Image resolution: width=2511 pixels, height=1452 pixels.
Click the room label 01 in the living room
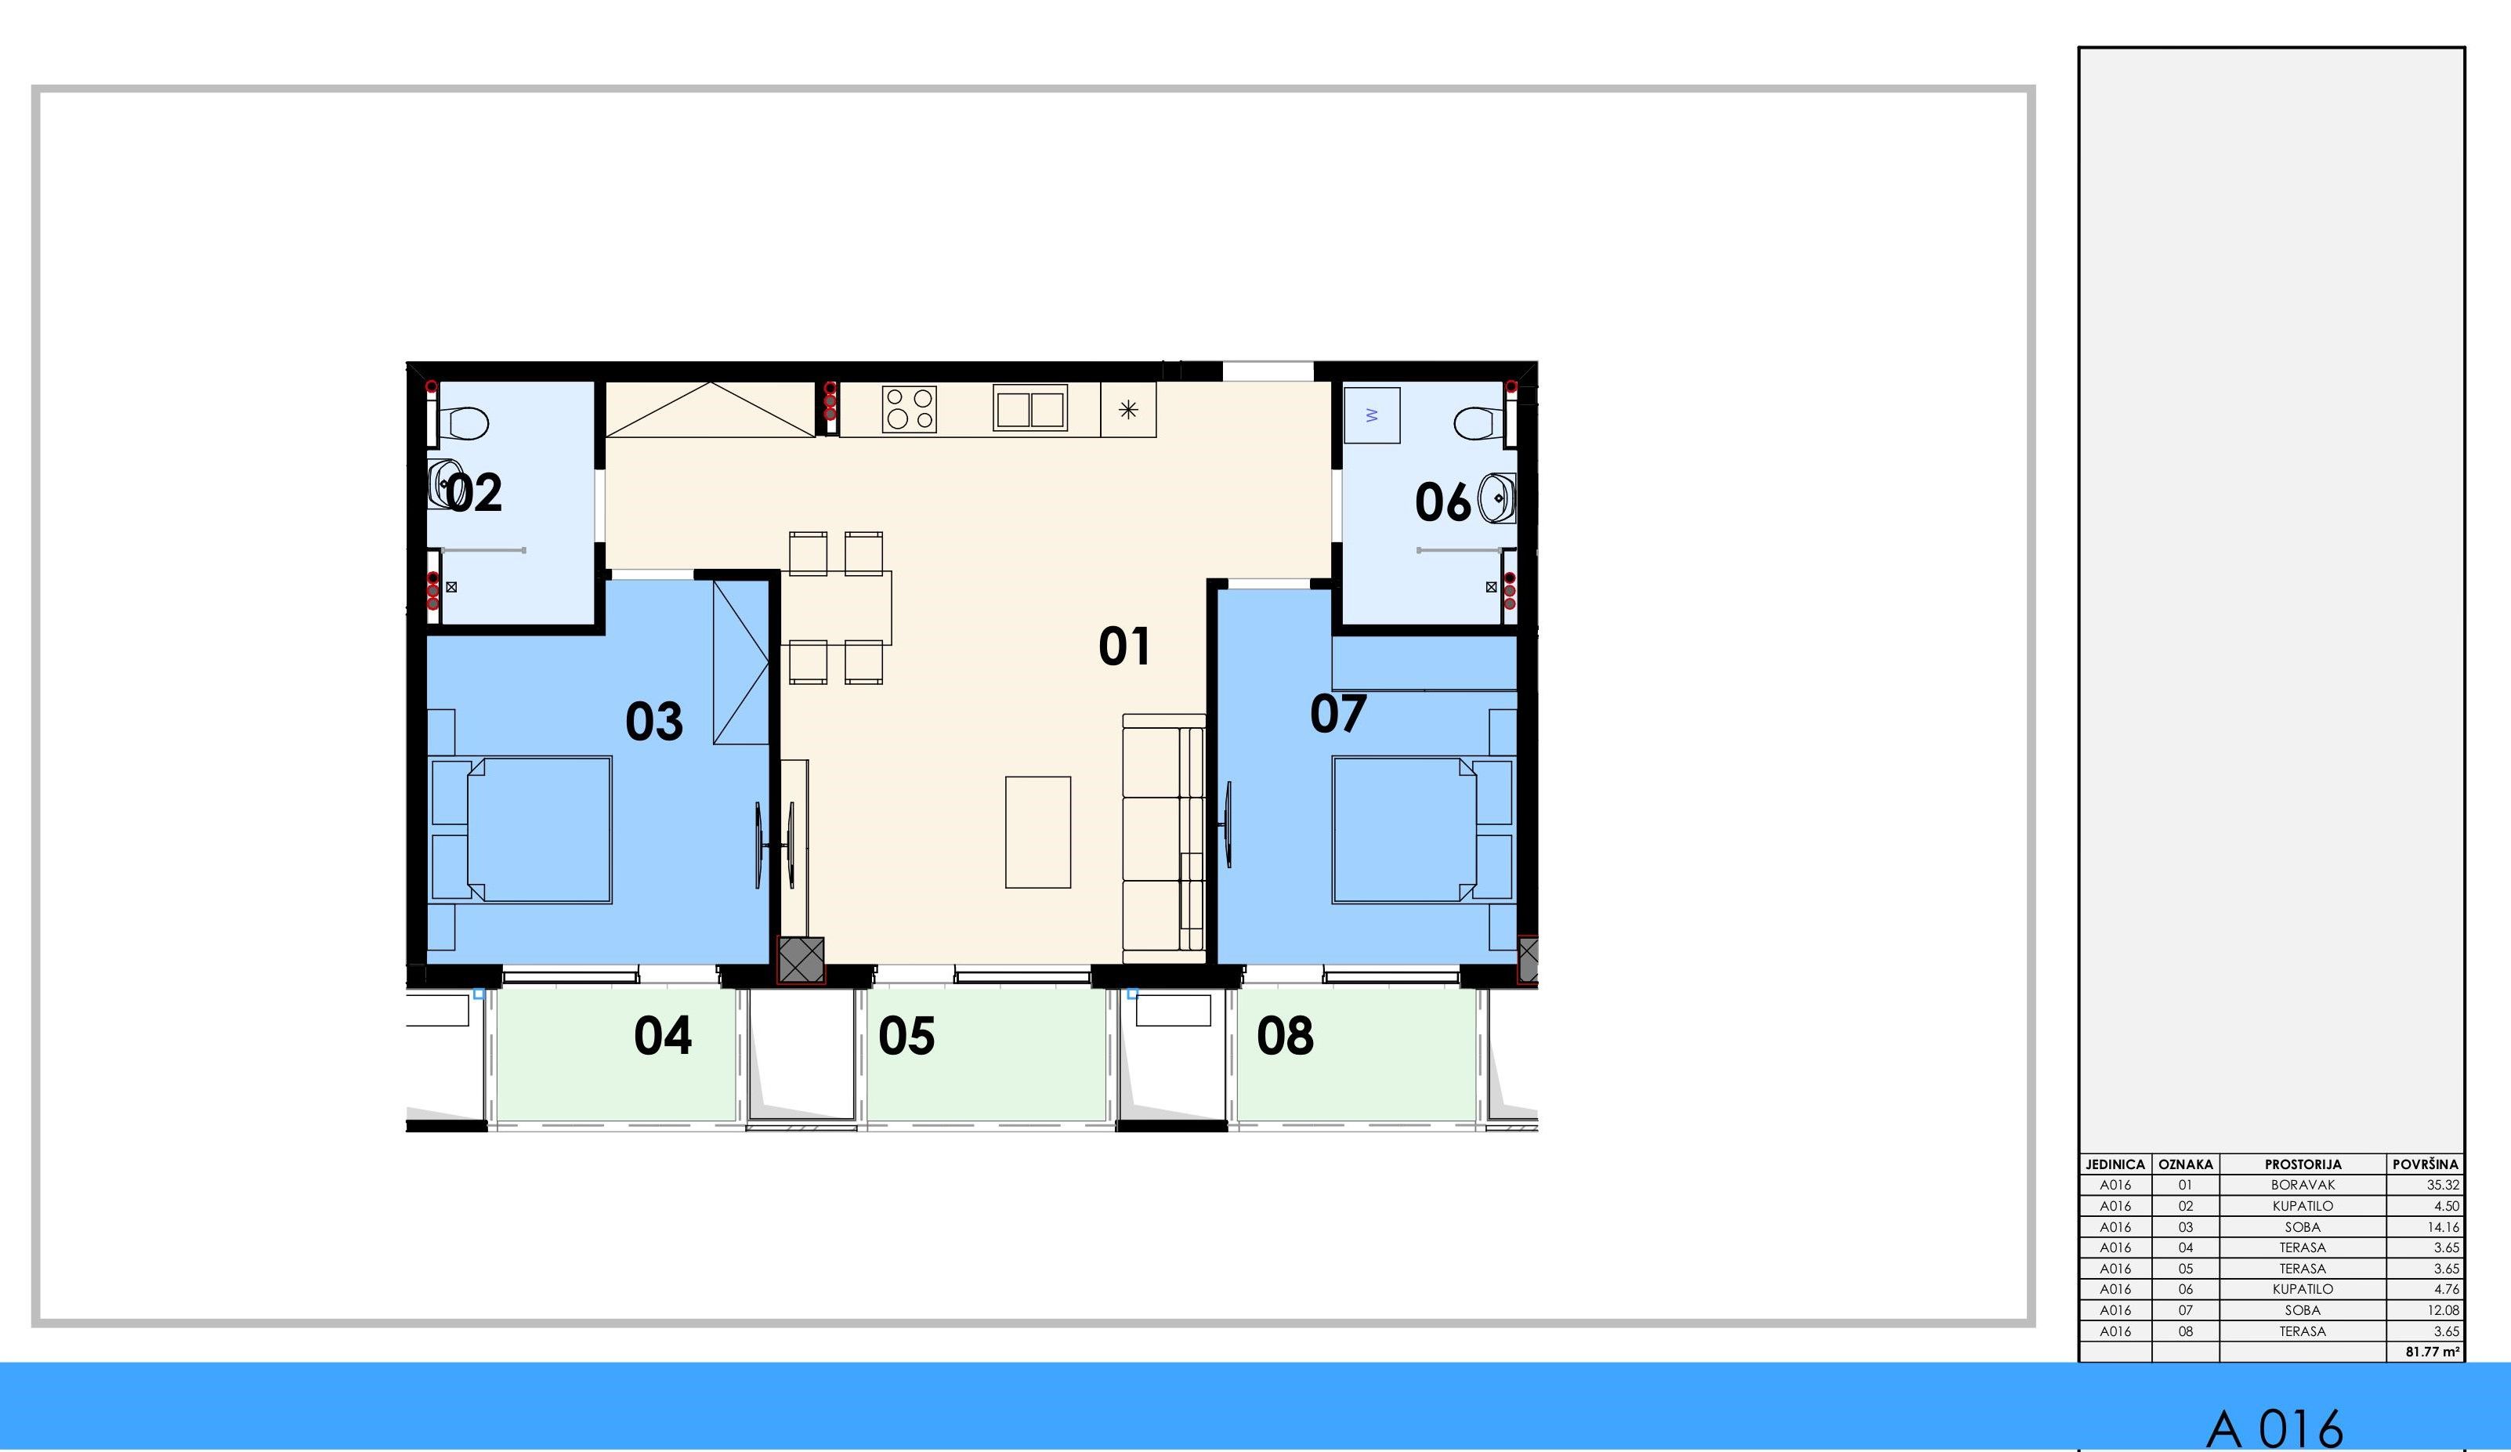[x=1124, y=646]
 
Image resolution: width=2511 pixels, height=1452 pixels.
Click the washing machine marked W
[x=1372, y=415]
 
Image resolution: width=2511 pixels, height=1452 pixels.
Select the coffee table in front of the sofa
[x=1037, y=832]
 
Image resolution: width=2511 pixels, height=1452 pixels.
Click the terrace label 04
[x=663, y=1035]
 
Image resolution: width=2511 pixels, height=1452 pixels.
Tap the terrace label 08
[x=1286, y=1035]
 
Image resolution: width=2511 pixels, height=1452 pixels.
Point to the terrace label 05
[x=906, y=1035]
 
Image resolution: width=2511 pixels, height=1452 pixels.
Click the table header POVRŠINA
[x=2426, y=1164]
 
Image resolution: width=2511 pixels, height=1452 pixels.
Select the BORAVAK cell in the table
[x=2303, y=1185]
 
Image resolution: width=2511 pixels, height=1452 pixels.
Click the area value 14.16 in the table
[x=2444, y=1227]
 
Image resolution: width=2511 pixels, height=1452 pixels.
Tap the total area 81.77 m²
[x=2433, y=1352]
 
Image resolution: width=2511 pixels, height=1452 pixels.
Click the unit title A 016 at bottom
[x=2275, y=1428]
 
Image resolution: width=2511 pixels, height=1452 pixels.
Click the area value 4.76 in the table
[x=2446, y=1288]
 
